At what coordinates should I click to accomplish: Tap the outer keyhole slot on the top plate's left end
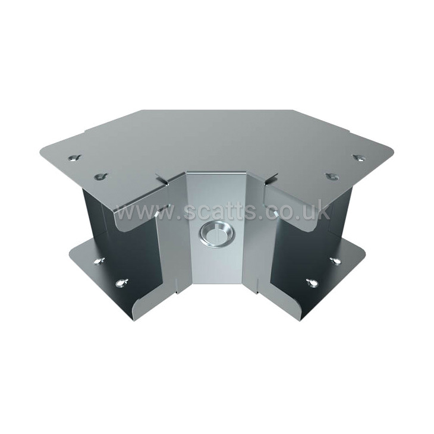pos(76,158)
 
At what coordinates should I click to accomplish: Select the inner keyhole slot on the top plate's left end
pos(101,176)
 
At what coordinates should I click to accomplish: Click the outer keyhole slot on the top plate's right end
pos(359,158)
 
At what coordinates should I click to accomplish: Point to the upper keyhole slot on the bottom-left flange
pos(99,261)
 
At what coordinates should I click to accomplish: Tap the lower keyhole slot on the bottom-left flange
pos(121,282)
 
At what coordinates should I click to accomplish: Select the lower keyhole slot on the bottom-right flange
pos(313,282)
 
